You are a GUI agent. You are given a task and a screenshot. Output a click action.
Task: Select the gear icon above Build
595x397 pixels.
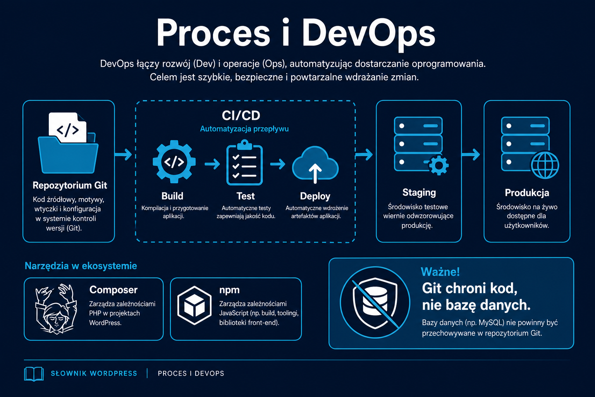174,162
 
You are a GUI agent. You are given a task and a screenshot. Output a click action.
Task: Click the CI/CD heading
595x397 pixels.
241,116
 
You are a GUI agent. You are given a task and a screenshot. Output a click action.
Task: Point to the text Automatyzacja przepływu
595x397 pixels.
244,129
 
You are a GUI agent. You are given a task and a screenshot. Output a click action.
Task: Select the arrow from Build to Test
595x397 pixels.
212,164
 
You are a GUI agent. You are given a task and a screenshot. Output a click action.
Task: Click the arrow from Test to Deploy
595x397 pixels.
278,164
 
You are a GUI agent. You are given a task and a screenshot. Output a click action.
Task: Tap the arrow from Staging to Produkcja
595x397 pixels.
471,154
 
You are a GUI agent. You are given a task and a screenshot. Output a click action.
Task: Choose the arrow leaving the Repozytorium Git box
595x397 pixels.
123,154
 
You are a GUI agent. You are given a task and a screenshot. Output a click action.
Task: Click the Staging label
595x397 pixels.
419,192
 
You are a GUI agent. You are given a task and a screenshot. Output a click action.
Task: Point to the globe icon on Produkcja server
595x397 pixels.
545,166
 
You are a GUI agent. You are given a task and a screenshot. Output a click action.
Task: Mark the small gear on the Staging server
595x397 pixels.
439,166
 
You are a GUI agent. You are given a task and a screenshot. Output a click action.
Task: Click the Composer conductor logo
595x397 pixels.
56,309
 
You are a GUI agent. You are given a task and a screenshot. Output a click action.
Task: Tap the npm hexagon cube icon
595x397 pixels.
194,306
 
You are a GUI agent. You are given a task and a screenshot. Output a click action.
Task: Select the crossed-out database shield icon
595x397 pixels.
375,303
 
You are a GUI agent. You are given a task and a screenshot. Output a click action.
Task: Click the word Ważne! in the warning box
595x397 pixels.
440,272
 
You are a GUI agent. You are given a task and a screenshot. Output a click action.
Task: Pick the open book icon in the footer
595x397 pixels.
34,374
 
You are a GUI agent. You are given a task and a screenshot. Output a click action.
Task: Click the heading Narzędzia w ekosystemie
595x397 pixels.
81,266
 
